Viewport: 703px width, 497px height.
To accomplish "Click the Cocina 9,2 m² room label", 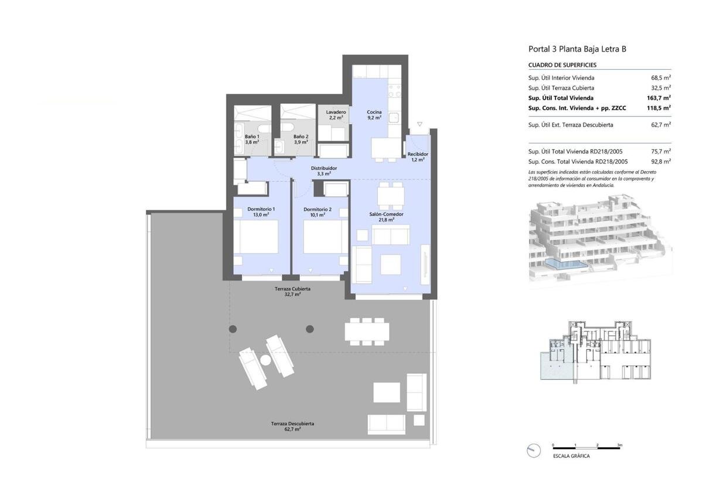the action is pos(374,115).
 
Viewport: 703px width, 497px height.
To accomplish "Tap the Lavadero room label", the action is pos(336,112).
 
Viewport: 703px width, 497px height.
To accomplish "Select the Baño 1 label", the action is pos(252,137).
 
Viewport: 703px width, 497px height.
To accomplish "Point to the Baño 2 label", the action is pos(301,137).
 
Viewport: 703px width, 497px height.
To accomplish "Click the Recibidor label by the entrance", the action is pos(418,154).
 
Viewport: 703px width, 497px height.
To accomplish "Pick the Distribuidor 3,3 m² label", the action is pos(324,171).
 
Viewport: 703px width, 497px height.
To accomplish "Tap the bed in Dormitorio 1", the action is pos(256,237).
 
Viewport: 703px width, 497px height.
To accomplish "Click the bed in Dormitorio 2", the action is pos(325,237).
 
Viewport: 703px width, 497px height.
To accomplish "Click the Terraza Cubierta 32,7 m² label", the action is pos(292,291).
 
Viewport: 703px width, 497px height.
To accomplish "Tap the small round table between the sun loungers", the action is pos(265,360).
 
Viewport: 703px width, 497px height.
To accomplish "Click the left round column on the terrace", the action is pos(233,329).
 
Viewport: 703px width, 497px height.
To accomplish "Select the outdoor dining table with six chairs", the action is pos(367,332).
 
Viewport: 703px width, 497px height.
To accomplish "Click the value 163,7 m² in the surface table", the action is pos(658,98).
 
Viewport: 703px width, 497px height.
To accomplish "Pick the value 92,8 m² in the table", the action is pos(661,161).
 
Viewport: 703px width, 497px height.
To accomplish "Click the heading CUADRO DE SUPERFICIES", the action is pos(562,65).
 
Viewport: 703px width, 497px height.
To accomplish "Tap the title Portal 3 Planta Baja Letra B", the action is pos(578,49).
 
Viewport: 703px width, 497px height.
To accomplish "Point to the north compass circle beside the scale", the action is pos(534,451).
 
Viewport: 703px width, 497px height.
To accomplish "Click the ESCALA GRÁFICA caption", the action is pos(571,456).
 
